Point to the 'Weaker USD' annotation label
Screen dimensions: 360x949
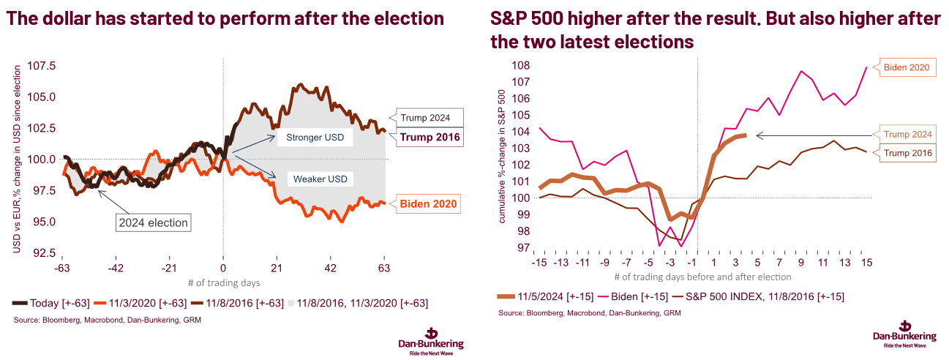click(319, 179)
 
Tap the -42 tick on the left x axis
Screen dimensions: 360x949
click(116, 268)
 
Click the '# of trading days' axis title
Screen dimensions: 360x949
click(223, 282)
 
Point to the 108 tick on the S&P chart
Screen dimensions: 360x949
click(522, 64)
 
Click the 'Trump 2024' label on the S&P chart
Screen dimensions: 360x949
click(907, 135)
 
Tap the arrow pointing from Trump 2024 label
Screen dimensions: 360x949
click(812, 135)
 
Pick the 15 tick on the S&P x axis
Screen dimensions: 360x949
click(866, 262)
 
